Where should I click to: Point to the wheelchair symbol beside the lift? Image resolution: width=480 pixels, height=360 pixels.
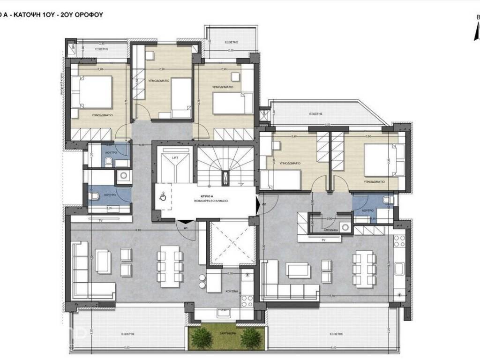point(163,196)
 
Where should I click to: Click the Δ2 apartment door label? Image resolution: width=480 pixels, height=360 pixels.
point(264,204)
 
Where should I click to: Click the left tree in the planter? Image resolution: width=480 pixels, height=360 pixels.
point(202,337)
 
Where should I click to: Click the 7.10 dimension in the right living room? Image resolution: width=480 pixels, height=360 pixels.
point(331,296)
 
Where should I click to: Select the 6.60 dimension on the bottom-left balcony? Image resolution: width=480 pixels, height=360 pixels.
point(126,347)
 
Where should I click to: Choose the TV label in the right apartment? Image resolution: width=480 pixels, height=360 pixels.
point(323,240)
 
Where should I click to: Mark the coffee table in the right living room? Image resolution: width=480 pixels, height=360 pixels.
point(298,270)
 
